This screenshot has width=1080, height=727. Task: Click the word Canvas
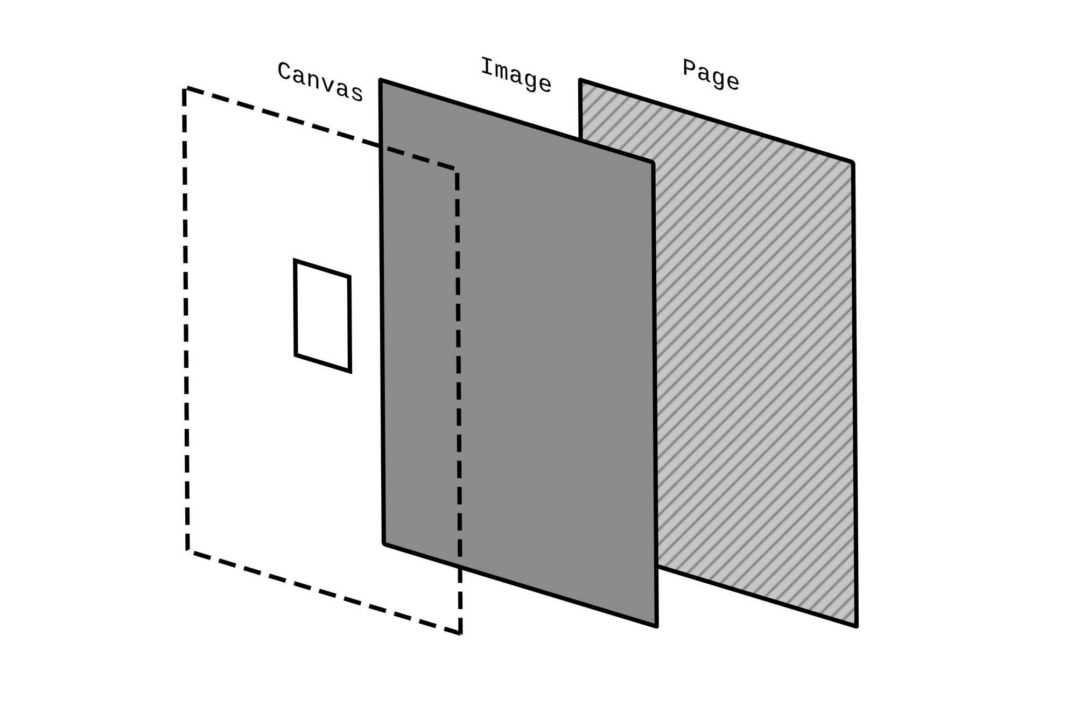coord(320,82)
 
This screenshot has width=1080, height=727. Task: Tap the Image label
coord(516,75)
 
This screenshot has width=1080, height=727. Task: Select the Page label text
coord(711,74)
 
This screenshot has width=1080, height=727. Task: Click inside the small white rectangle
coord(322,316)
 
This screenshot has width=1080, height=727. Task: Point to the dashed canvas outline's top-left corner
coord(185,88)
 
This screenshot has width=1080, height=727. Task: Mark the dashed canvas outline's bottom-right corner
coord(460,633)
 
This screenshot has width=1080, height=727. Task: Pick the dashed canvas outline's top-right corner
coord(457,170)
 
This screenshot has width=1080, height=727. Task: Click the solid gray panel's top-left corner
coord(381,80)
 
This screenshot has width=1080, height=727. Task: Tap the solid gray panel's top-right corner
coord(653,162)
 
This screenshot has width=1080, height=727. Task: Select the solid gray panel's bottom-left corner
coord(384,544)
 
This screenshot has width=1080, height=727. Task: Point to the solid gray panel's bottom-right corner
coord(657,626)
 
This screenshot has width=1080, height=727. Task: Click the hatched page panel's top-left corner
coord(580,80)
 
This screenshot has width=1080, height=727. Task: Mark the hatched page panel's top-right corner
coord(853,162)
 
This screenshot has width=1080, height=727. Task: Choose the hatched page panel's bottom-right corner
coord(856,626)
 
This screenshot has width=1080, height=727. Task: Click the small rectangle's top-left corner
coord(294,260)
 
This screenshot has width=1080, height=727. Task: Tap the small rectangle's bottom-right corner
coord(350,372)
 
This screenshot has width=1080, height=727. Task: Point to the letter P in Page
coord(688,67)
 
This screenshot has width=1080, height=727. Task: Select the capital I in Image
coord(486,66)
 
